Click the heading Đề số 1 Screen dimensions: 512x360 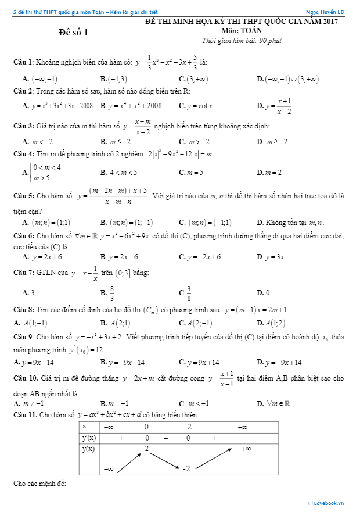(74, 33)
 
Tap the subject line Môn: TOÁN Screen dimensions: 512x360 (242, 30)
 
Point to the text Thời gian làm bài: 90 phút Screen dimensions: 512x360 (242, 40)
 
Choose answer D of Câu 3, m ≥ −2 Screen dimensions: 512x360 (272, 141)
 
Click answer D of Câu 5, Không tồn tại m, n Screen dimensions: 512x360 (290, 223)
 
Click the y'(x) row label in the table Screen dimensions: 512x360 (89, 438)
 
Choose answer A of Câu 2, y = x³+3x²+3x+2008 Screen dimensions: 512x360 (57, 106)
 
